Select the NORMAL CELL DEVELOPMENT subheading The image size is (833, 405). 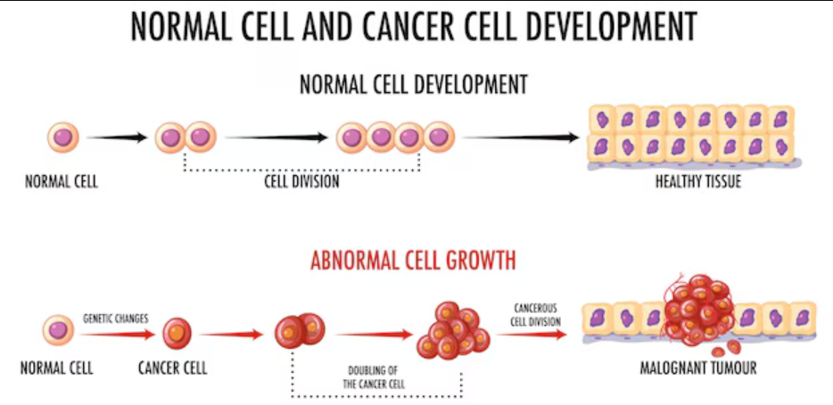coord(414,85)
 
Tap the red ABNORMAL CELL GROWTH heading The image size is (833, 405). coord(413,261)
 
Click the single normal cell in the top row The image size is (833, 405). coord(62,137)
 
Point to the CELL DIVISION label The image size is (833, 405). coord(301,182)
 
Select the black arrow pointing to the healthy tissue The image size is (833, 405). coord(521,137)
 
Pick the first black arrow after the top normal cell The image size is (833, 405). coord(117,137)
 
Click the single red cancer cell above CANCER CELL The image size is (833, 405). coord(177,334)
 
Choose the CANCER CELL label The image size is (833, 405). coord(173,368)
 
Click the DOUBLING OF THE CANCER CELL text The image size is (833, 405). coord(375,377)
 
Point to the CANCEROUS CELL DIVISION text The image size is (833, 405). coord(536,315)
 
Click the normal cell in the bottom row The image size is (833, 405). coord(59,330)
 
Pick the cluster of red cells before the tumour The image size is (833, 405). coord(451,330)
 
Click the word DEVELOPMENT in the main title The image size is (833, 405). coord(603,27)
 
